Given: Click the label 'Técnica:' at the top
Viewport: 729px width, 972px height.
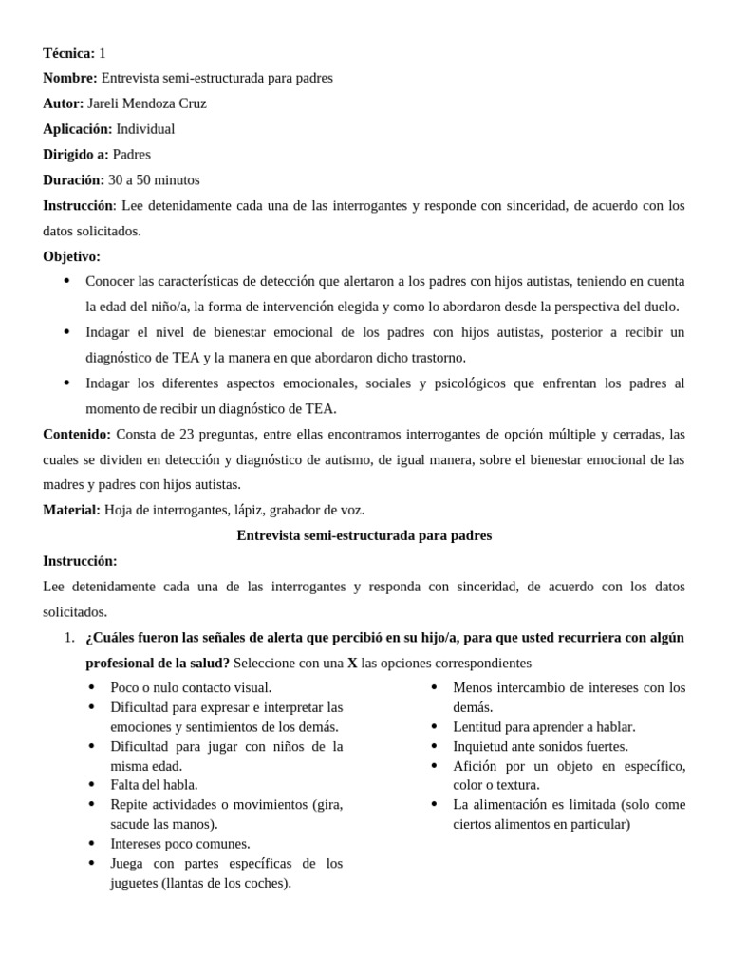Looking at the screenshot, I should [68, 53].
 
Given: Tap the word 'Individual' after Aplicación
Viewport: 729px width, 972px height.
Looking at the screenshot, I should [145, 129].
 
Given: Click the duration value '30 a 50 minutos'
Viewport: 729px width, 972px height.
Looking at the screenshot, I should [154, 179].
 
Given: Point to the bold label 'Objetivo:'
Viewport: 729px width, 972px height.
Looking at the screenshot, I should [71, 256].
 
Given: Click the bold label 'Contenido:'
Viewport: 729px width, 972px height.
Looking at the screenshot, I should [77, 434].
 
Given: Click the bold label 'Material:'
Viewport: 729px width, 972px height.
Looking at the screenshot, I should [71, 510].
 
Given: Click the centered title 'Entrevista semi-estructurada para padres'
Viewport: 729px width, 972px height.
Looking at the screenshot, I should [364, 535].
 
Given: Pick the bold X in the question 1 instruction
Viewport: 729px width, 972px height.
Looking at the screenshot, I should [352, 663].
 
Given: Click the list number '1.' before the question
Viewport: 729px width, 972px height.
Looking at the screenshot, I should [69, 637].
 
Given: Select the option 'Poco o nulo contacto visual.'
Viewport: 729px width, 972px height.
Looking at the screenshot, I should [191, 687].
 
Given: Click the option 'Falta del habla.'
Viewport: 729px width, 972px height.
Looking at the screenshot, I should [154, 785].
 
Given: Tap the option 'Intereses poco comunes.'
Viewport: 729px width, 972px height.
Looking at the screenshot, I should [180, 843].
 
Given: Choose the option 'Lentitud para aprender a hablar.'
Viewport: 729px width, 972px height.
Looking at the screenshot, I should [544, 727].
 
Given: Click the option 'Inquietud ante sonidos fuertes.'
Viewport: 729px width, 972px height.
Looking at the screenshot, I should [540, 746].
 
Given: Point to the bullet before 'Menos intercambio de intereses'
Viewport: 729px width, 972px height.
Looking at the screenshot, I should [434, 687].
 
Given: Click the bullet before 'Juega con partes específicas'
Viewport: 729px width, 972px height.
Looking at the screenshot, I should [91, 863].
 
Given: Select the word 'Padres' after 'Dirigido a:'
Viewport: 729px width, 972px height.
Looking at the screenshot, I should [131, 155].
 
